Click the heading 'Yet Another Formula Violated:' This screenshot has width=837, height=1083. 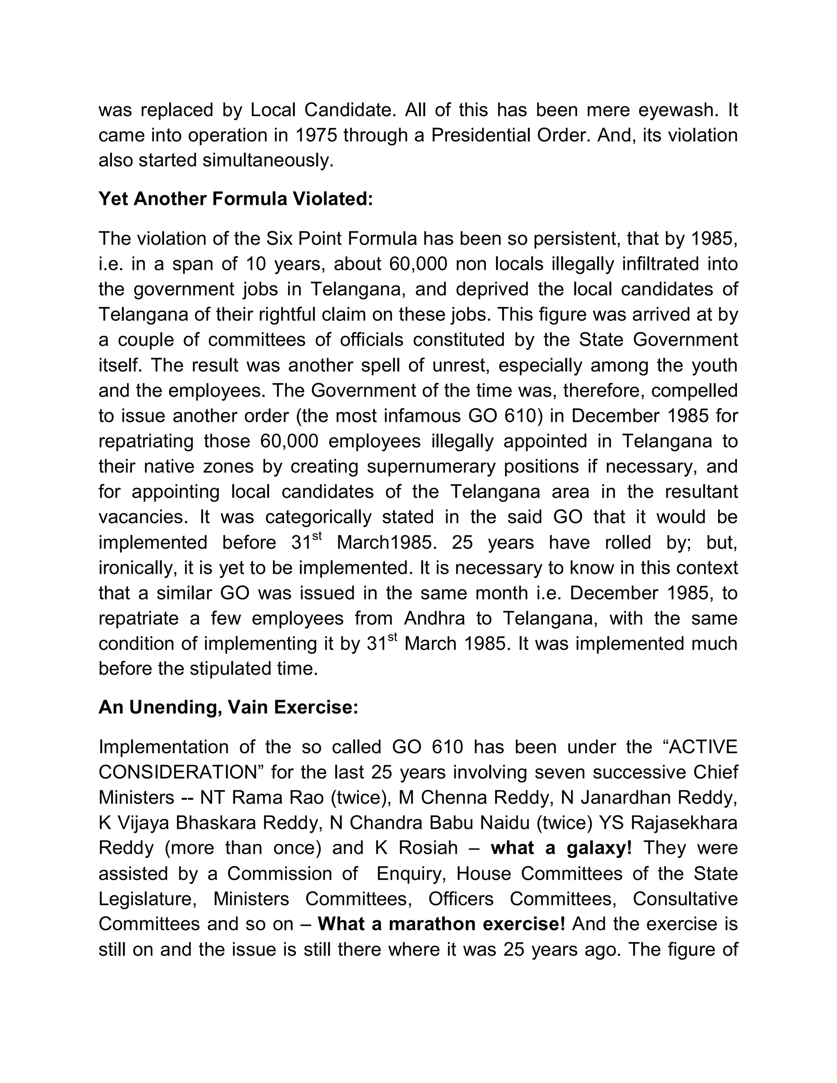(x=235, y=199)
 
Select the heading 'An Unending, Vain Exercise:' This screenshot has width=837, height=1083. (x=228, y=707)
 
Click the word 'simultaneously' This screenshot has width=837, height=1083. (x=268, y=161)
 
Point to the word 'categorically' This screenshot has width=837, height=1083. (x=318, y=517)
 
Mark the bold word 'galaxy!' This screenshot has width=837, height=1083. (x=600, y=848)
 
